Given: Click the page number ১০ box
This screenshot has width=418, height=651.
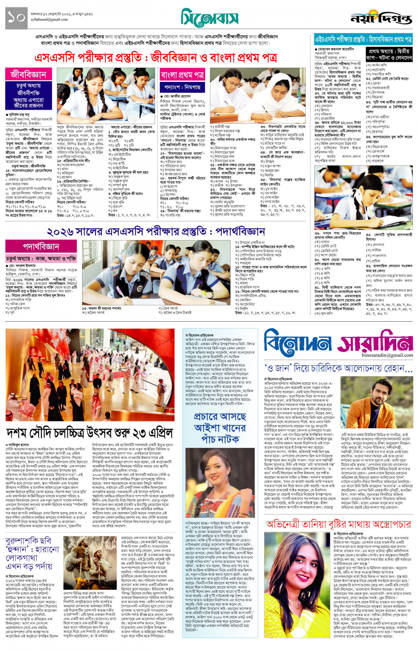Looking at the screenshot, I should click(x=16, y=18).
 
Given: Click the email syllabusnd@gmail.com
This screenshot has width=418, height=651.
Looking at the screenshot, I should click(x=49, y=20).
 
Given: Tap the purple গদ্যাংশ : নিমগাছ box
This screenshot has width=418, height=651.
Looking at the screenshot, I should click(x=182, y=87).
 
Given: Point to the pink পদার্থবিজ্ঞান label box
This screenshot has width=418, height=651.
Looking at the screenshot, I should click(x=41, y=246).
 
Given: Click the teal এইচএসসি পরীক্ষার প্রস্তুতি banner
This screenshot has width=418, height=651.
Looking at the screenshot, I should click(x=363, y=40).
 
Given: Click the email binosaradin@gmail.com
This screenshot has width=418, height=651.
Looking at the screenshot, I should click(x=387, y=355).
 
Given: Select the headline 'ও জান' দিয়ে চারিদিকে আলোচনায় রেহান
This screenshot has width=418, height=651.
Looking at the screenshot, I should click(x=338, y=368).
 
